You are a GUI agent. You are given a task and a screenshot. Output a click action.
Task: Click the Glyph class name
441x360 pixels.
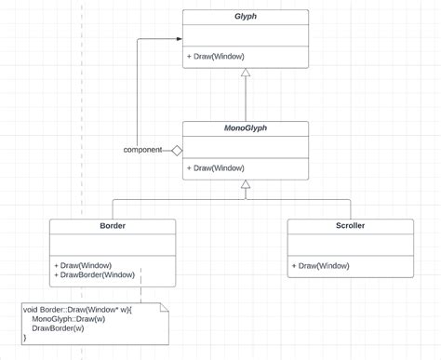pos(245,17)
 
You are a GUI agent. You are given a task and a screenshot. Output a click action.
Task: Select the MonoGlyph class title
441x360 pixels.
pos(245,129)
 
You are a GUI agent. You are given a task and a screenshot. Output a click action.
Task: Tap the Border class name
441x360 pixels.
pos(112,226)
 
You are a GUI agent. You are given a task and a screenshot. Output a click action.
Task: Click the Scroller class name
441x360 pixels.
pos(350,226)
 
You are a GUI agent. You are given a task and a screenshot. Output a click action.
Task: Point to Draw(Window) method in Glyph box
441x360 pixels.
pos(216,56)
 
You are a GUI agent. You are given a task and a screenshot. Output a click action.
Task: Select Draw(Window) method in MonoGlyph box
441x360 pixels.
pos(216,168)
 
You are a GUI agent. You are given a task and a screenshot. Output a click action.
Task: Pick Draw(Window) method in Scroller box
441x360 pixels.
pos(320,265)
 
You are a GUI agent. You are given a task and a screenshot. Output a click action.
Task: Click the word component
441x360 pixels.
pos(142,150)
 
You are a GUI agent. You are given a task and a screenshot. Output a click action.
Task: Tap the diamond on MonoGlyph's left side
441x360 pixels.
pos(175,150)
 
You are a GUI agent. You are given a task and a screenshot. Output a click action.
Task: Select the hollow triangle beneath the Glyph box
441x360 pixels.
pos(246,73)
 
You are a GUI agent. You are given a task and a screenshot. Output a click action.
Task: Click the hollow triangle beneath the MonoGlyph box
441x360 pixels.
pos(246,186)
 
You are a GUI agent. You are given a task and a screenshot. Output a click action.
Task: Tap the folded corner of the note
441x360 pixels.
pos(164,307)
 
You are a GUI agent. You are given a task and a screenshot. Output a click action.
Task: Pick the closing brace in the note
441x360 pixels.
pos(25,339)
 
